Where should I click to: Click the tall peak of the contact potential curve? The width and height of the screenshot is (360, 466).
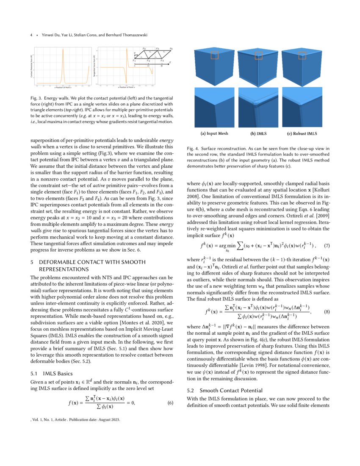[63, 52]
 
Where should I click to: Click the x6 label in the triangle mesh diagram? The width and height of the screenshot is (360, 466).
[171, 49]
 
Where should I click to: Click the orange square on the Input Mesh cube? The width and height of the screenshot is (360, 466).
[214, 55]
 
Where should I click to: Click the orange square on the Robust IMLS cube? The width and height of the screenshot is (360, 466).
[302, 55]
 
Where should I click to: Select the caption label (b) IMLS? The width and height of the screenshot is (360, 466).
[258, 133]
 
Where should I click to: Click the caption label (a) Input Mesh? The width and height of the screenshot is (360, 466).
[214, 133]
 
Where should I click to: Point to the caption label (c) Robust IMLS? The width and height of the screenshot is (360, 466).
[302, 133]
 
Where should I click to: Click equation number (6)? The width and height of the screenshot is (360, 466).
[170, 402]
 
